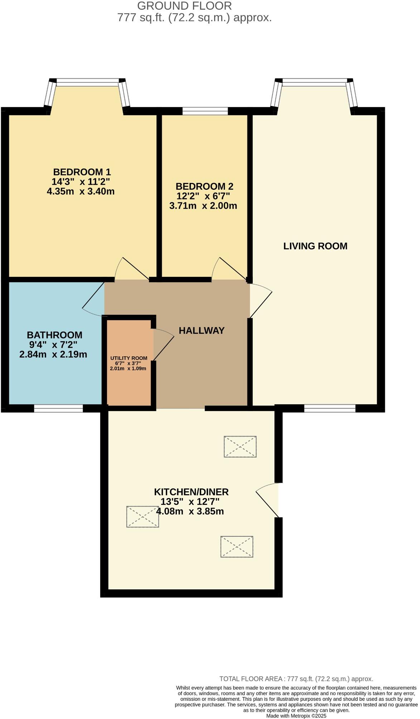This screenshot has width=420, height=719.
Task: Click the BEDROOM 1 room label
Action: [82, 172]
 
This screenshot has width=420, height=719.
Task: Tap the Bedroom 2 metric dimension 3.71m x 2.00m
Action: [203, 206]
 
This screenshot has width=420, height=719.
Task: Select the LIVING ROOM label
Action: [315, 246]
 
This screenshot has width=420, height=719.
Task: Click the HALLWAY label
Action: [202, 330]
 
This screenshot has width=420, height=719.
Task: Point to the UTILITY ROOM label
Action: [129, 358]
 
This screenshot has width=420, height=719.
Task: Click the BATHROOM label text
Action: [54, 335]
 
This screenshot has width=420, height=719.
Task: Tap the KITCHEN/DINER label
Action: [191, 492]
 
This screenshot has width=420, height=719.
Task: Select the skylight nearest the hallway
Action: [240, 446]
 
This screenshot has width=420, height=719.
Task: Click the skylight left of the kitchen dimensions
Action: [143, 516]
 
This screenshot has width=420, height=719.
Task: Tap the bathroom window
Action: [58, 408]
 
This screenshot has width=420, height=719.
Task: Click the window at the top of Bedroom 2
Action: [205, 111]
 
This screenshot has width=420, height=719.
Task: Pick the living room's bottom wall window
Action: [329, 408]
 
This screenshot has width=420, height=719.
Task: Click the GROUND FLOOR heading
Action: [184, 6]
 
